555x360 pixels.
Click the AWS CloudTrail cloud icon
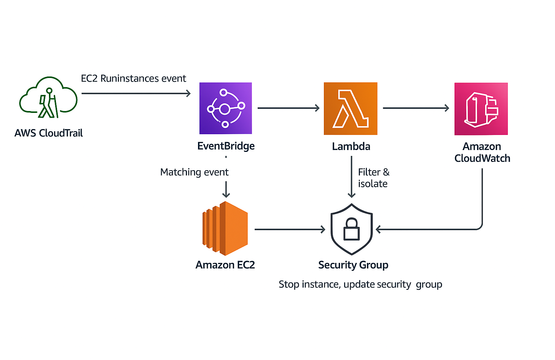click(48, 97)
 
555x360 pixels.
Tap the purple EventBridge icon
click(226, 108)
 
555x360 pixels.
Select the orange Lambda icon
click(350, 108)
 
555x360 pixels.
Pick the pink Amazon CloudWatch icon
click(481, 109)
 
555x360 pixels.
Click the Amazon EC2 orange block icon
click(225, 228)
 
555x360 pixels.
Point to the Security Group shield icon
click(352, 229)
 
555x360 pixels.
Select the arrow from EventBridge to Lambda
click(288, 108)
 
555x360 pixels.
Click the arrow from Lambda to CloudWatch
click(416, 108)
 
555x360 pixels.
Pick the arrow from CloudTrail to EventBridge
click(136, 93)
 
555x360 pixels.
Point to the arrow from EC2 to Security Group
click(290, 229)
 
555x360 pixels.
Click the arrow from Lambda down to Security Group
click(351, 177)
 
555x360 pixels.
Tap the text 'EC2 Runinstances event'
click(134, 78)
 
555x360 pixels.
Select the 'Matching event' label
click(194, 172)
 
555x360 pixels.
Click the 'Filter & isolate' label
click(373, 178)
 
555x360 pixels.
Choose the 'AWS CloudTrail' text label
click(49, 133)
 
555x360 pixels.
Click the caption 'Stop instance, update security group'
click(360, 284)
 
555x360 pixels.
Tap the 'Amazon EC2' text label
click(225, 265)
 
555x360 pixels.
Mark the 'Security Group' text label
click(353, 265)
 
